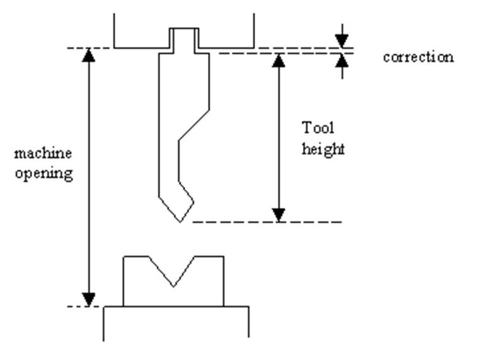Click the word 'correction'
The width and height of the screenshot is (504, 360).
pos(418,57)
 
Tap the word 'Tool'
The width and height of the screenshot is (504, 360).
pos(318,128)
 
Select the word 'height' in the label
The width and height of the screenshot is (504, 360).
pos(323,150)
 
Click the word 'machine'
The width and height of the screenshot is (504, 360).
pos(43,153)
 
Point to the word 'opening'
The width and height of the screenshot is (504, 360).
pos(43,173)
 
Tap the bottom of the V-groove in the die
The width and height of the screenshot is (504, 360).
pos(173,286)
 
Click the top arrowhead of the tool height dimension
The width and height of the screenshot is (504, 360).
pos(278,61)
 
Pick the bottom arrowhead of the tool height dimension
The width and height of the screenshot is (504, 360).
pos(278,215)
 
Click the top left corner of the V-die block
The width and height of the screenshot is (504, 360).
pos(124,256)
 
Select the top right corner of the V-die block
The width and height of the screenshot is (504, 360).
pos(224,256)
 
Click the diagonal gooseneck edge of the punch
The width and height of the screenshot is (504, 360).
pos(194,126)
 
